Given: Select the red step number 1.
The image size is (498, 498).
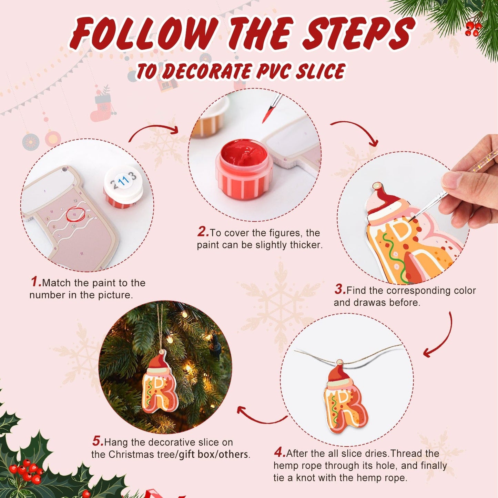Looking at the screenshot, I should click(x=35, y=282).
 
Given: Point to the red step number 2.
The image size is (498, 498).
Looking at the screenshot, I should click(x=203, y=232).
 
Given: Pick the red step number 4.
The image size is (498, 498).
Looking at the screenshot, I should click(x=280, y=452).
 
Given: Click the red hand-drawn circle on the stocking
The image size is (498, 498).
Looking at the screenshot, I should click(x=75, y=214).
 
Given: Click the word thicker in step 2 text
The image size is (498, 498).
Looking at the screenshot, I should click(x=306, y=245).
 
